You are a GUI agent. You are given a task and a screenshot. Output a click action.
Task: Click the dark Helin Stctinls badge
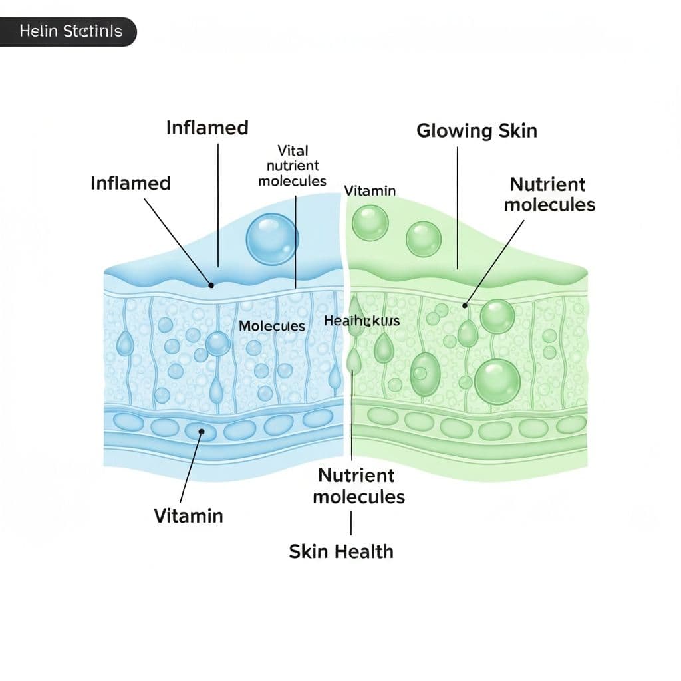click(x=69, y=32)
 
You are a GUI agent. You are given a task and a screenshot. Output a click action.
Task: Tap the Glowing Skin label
click(x=476, y=130)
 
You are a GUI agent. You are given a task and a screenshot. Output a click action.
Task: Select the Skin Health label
click(x=341, y=551)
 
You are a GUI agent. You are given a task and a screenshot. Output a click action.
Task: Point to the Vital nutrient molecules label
click(x=293, y=166)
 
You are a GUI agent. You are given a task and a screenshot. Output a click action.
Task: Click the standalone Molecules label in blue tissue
click(x=271, y=326)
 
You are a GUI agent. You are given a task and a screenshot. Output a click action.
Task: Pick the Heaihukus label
click(x=362, y=321)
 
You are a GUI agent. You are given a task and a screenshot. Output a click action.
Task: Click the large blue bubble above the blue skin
click(x=272, y=238)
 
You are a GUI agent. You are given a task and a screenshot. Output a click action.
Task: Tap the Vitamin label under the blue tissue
click(x=188, y=515)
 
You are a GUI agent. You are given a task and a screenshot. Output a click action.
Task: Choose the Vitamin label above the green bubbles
click(x=370, y=191)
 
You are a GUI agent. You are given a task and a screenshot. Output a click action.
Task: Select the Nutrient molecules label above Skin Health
click(x=358, y=485)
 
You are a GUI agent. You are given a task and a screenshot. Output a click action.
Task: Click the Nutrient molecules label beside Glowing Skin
click(x=549, y=194)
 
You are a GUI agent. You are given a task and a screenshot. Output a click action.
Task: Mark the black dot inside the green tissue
click(x=465, y=305)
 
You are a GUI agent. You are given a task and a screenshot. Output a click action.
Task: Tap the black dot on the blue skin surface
click(x=211, y=285)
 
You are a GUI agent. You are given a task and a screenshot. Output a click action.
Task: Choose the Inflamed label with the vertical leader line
click(x=207, y=128)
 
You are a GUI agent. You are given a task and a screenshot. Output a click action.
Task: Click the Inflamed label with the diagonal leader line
click(x=130, y=183)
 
